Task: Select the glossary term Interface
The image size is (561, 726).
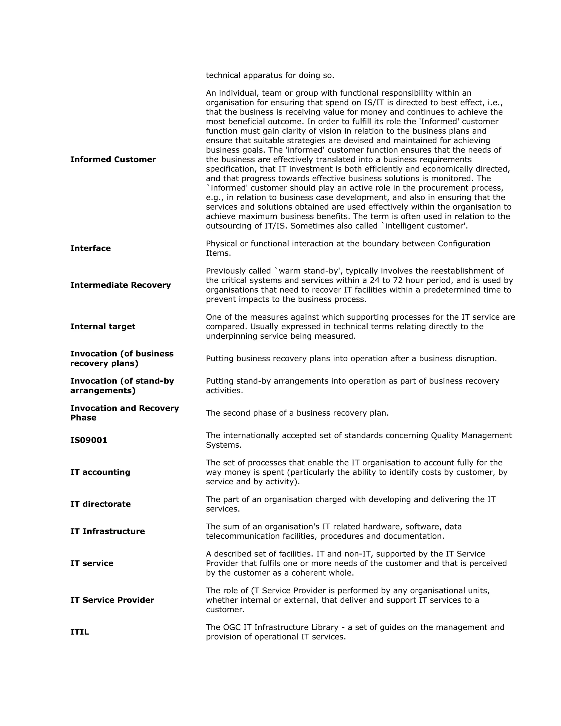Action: point(90,248)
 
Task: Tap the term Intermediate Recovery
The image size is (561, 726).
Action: point(120,285)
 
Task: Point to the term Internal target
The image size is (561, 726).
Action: point(103,327)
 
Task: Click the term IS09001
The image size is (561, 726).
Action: point(89,440)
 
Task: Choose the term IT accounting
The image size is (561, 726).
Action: point(100,472)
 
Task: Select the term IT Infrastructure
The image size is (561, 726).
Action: point(107,531)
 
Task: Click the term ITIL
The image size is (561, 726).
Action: point(79,632)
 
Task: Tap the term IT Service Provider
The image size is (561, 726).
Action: point(112,600)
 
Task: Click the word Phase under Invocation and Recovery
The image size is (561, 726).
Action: point(83,418)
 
